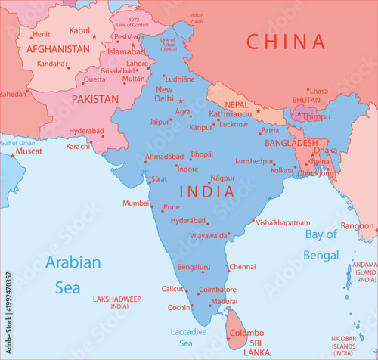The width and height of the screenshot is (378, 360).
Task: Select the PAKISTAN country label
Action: pyautogui.click(x=94, y=99)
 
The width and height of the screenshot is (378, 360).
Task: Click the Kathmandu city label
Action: pyautogui.click(x=231, y=113)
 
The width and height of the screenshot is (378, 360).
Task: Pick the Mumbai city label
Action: pyautogui.click(x=136, y=203)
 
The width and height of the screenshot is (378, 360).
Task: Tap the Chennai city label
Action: pyautogui.click(x=242, y=267)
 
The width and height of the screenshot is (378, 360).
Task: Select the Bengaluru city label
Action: pyautogui.click(x=194, y=267)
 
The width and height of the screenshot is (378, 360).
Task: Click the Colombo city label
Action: pyautogui.click(x=246, y=333)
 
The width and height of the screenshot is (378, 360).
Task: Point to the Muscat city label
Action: pyautogui.click(x=29, y=151)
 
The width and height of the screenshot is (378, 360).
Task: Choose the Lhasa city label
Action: pyautogui.click(x=318, y=91)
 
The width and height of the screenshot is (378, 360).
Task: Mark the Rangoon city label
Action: pyautogui.click(x=357, y=225)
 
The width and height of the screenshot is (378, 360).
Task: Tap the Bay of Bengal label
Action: pyautogui.click(x=321, y=244)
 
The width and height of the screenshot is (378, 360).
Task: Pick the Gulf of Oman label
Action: pyautogui.click(x=18, y=142)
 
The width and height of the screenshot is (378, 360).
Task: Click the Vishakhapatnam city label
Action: pyautogui.click(x=283, y=223)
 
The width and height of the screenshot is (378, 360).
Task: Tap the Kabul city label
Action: pyautogui.click(x=79, y=30)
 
